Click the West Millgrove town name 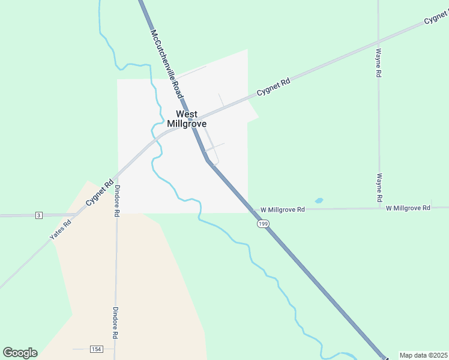[x=191, y=119]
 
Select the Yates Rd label [x=61, y=230]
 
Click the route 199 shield [x=263, y=223]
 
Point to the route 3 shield [x=39, y=215]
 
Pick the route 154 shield [x=95, y=349]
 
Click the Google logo [x=20, y=353]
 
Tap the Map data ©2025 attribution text [x=423, y=355]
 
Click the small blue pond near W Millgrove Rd [x=319, y=200]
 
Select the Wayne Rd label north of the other [x=379, y=64]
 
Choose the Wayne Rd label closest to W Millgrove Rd [x=379, y=188]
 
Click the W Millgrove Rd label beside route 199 [x=283, y=210]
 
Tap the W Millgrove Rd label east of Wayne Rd [x=408, y=208]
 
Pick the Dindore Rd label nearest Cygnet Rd [x=117, y=200]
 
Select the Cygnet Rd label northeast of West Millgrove [x=273, y=86]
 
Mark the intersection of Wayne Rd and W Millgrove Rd [x=379, y=208]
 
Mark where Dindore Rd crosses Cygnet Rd [x=116, y=175]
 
